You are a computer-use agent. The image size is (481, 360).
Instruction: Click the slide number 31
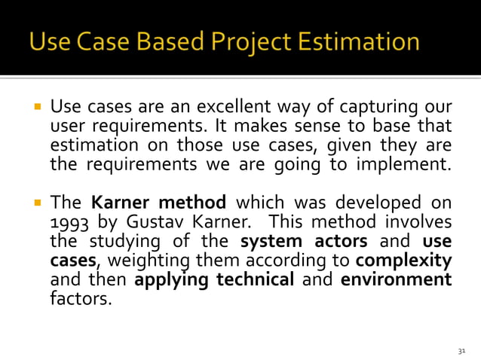(462, 351)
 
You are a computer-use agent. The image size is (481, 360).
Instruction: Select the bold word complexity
(403, 262)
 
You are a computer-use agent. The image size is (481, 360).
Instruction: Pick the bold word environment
(397, 280)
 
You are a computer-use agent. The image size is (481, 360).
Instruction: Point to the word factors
(79, 299)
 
